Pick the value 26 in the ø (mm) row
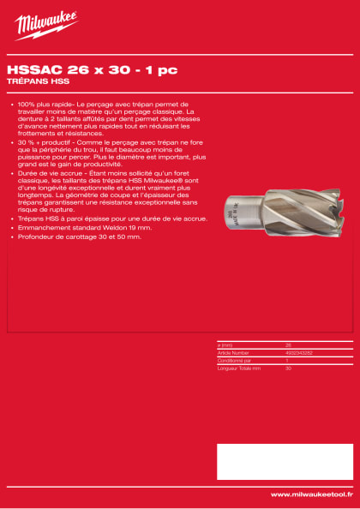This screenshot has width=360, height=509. click(x=288, y=344)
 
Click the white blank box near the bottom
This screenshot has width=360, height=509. click(x=284, y=461)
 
